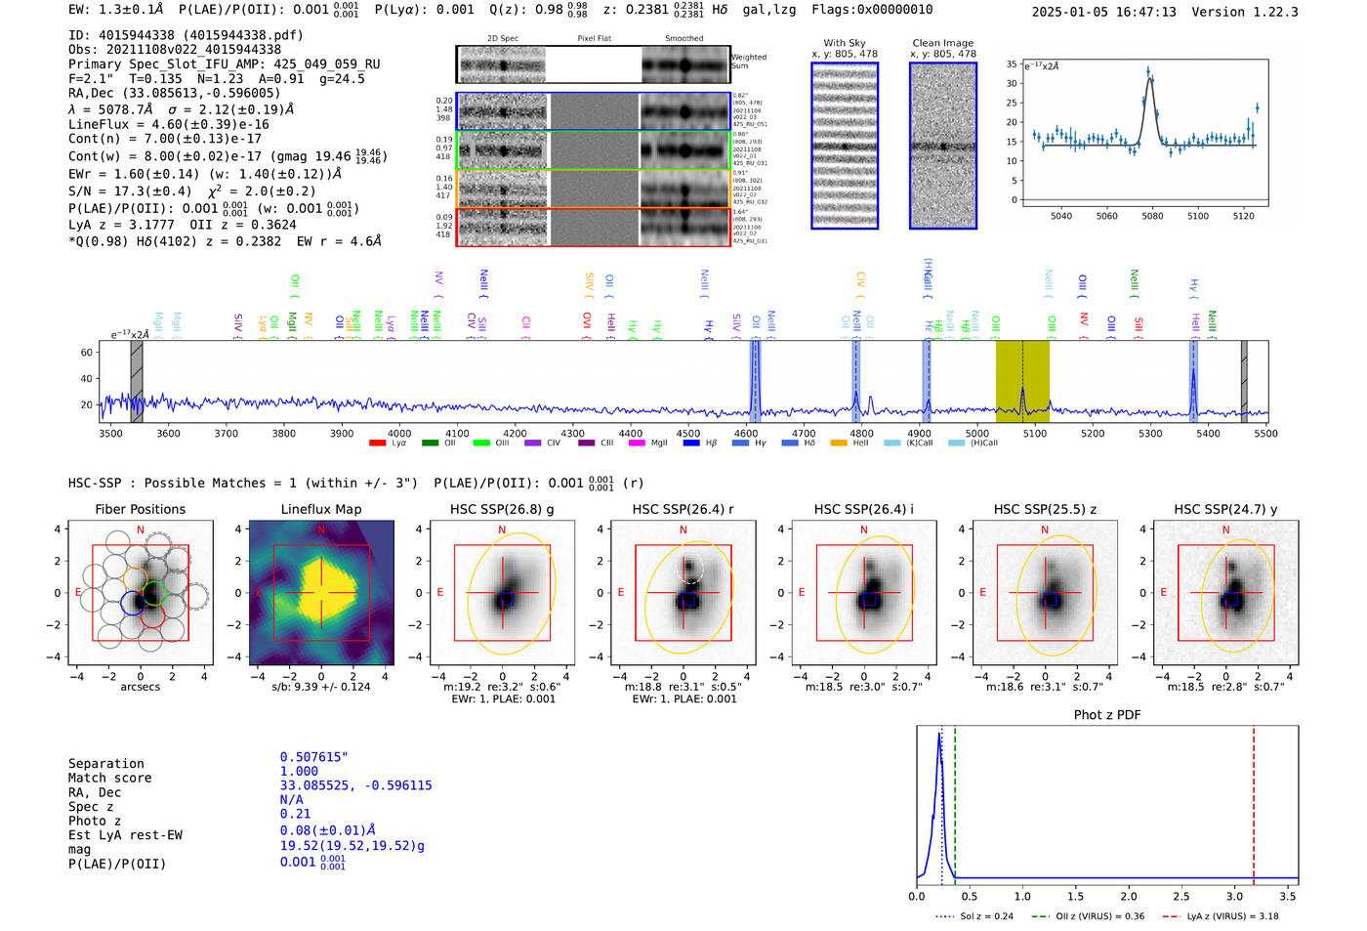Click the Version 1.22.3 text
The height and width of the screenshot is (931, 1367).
tap(1259, 12)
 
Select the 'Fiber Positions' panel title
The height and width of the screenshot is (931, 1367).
tap(140, 509)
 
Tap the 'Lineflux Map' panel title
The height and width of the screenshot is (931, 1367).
tap(320, 509)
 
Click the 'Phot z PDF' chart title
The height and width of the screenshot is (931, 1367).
tap(1106, 715)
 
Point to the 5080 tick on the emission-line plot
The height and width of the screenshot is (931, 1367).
tap(1152, 216)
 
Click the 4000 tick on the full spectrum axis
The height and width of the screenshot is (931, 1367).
tap(399, 433)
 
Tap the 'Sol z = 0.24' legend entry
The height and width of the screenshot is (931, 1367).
tap(986, 916)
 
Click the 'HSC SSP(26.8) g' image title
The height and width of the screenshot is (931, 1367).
tap(502, 509)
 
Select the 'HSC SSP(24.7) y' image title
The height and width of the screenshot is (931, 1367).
tap(1225, 509)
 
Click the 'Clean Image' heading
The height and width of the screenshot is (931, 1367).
tap(942, 43)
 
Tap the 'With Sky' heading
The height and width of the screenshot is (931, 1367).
tap(844, 43)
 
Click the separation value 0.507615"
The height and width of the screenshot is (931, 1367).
tap(313, 757)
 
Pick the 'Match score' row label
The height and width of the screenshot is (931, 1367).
tap(110, 778)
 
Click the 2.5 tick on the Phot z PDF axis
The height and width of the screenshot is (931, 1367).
tap(1181, 896)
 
